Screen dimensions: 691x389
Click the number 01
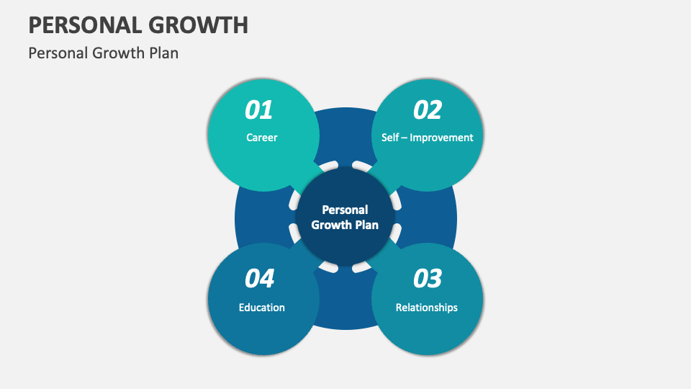click(259, 110)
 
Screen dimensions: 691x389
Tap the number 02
click(427, 110)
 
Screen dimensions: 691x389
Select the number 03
click(427, 279)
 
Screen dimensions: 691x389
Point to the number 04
click(259, 279)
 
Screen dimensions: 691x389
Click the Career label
click(261, 138)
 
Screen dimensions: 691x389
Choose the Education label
click(261, 308)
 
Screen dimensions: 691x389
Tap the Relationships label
click(426, 308)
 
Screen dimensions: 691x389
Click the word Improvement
click(441, 138)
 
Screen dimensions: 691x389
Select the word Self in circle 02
click(389, 138)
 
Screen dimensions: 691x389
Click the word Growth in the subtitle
click(116, 53)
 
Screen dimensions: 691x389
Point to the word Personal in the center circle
click(345, 210)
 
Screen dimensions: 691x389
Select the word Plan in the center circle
click(366, 225)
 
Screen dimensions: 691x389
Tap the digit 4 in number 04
click(267, 279)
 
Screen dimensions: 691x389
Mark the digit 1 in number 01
click(267, 110)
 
